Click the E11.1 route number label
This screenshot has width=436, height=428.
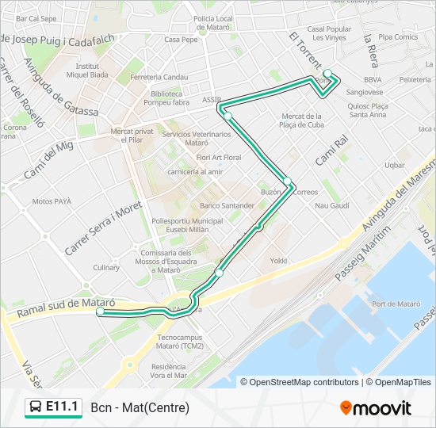tap(63, 407)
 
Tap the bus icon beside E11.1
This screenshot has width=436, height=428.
tap(35, 407)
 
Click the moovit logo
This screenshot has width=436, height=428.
tap(376, 408)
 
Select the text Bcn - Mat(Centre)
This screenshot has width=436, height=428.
tap(140, 408)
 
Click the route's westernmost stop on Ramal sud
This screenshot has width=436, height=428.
tap(101, 312)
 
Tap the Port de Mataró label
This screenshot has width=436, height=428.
tap(396, 304)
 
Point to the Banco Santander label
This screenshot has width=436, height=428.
tap(228, 206)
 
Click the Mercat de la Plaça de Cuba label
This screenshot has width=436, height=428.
tap(303, 120)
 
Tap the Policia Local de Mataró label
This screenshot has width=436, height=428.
tap(212, 22)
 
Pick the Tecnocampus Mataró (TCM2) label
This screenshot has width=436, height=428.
tap(180, 342)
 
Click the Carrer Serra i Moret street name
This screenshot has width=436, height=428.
tap(102, 228)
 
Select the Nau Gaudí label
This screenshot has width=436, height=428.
tap(332, 206)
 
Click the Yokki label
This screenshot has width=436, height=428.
tap(278, 261)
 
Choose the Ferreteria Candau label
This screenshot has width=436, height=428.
tap(159, 77)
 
